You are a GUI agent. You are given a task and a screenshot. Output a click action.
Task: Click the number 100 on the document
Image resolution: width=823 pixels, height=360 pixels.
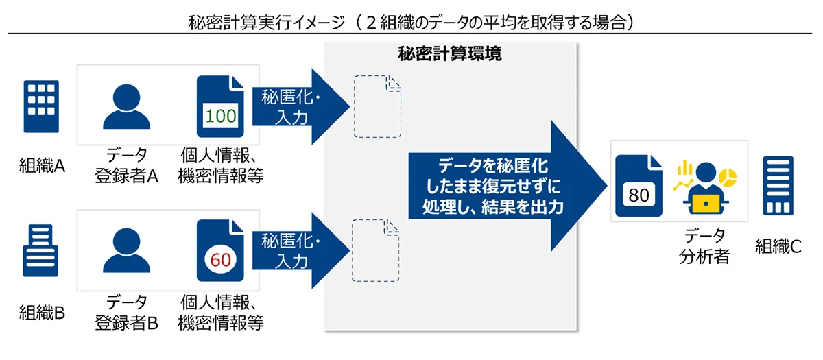point(220,117)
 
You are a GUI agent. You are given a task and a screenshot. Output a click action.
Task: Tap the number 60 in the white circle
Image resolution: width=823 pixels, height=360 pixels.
point(220,260)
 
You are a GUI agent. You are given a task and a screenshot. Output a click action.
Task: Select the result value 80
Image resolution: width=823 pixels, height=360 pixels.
point(639,195)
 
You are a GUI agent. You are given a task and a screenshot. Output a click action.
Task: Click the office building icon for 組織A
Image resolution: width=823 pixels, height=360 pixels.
point(41,106)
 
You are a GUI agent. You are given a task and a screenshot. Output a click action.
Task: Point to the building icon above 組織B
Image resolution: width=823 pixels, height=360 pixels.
point(40,250)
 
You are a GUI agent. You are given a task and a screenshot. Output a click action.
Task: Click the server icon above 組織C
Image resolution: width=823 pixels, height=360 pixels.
point(778,186)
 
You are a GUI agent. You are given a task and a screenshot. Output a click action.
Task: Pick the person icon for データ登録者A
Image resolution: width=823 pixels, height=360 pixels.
point(126,106)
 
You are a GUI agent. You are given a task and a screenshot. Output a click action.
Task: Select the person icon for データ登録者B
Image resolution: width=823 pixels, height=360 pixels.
point(126,250)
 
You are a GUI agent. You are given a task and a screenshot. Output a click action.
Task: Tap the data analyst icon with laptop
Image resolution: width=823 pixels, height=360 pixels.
point(706,188)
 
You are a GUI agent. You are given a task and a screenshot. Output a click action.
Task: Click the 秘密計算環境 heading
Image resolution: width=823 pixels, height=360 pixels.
point(450,53)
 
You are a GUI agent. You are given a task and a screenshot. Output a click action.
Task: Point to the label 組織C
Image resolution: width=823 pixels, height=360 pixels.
point(778,246)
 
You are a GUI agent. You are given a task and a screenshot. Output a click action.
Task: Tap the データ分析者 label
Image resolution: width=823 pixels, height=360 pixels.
point(704,245)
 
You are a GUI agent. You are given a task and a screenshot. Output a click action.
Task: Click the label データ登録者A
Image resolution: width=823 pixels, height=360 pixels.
point(126,165)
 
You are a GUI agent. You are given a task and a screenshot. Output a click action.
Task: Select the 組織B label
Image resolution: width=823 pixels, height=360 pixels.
point(42,313)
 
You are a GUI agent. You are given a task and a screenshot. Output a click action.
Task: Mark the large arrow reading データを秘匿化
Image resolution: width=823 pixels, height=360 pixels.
point(508,186)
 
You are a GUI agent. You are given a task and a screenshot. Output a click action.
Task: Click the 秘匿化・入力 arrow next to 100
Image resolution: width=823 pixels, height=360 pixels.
point(300,106)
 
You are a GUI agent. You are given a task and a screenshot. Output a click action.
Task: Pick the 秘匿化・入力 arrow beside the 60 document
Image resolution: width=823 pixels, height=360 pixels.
point(300,250)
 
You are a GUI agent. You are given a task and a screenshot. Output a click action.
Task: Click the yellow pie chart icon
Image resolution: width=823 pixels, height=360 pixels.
point(728,178)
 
